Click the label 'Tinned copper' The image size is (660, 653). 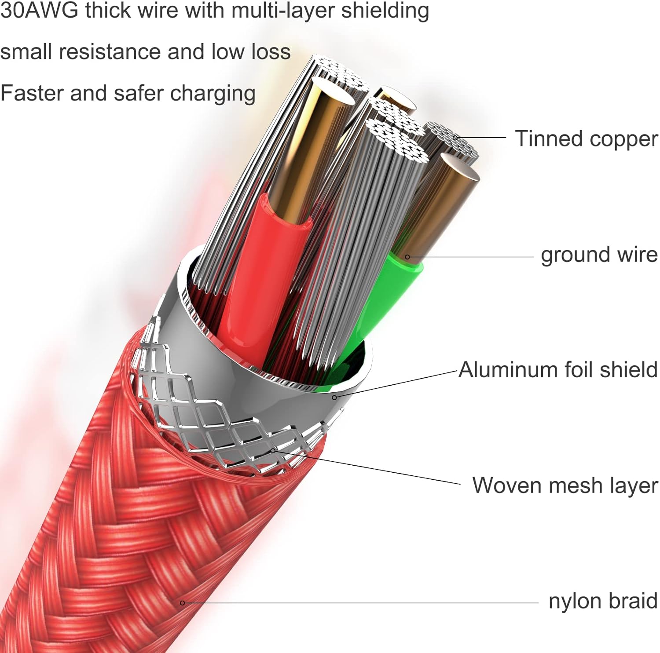coord(587,139)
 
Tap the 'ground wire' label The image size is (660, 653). coord(599,255)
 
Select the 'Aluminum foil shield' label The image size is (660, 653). coord(558,369)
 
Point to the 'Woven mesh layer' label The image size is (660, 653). coord(565,486)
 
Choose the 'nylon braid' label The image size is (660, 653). coord(603,601)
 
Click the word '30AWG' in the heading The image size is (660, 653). coord(39,10)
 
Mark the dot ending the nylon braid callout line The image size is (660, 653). coord(182,603)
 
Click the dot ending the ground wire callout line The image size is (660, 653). coord(407,257)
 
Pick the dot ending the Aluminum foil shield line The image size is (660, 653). coord(334,398)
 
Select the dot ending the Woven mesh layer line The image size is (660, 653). coord(273,451)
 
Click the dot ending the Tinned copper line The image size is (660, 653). coord(455,138)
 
